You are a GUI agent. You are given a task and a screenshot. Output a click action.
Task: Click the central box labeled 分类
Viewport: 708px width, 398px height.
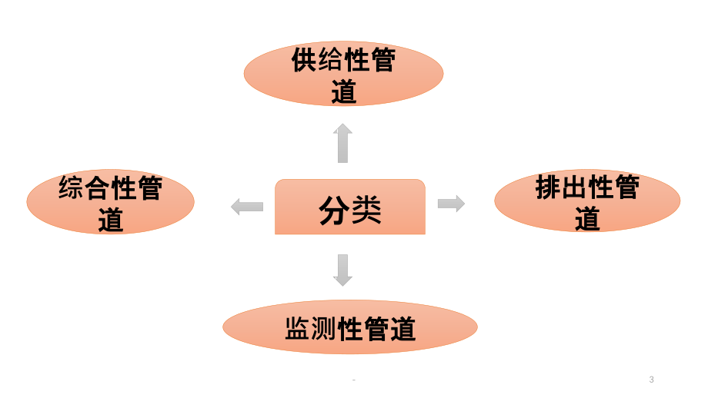pyautogui.click(x=350, y=207)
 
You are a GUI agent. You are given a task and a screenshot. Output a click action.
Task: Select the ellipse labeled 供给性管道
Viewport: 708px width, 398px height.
pyautogui.click(x=344, y=74)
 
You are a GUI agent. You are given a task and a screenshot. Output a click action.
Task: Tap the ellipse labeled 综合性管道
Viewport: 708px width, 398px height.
pyautogui.click(x=111, y=201)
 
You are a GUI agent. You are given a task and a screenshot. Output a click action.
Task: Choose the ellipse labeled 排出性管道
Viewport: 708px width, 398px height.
pyautogui.click(x=587, y=201)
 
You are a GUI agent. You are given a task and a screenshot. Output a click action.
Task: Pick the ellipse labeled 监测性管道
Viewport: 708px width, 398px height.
pyautogui.click(x=350, y=327)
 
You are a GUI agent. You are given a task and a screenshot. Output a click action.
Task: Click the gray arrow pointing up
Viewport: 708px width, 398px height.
pyautogui.click(x=342, y=143)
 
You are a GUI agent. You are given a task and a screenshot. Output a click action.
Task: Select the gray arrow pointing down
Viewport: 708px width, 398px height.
pyautogui.click(x=342, y=270)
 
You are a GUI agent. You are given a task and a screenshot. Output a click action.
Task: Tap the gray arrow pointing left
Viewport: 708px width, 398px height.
pyautogui.click(x=247, y=207)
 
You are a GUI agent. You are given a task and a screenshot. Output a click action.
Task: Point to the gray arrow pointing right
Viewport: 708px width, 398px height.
pyautogui.click(x=452, y=204)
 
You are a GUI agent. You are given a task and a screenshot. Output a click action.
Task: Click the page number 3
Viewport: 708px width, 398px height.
pyautogui.click(x=651, y=380)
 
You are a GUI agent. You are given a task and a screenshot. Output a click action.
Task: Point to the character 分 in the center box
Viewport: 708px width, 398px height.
pyautogui.click(x=334, y=210)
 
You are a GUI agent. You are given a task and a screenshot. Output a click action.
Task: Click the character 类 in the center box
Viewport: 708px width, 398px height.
pyautogui.click(x=366, y=210)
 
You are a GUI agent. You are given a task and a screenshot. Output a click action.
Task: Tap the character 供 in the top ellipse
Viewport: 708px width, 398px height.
pyautogui.click(x=304, y=59)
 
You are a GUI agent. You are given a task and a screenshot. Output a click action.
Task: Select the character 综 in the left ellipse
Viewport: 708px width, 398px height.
pyautogui.click(x=72, y=187)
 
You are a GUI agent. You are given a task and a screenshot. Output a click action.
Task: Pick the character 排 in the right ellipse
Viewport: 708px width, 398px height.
pyautogui.click(x=548, y=187)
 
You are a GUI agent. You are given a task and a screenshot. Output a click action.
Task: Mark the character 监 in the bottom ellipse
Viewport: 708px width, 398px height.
pyautogui.click(x=298, y=328)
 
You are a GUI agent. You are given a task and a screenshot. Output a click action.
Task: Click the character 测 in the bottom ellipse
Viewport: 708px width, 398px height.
pyautogui.click(x=324, y=328)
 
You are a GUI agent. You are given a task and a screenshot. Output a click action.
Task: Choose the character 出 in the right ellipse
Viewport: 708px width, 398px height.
pyautogui.click(x=574, y=187)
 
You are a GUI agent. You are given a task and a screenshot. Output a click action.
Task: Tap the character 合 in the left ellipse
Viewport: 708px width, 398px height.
pyautogui.click(x=98, y=187)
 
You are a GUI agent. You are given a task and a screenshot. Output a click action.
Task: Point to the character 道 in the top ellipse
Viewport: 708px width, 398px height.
pyautogui.click(x=344, y=91)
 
